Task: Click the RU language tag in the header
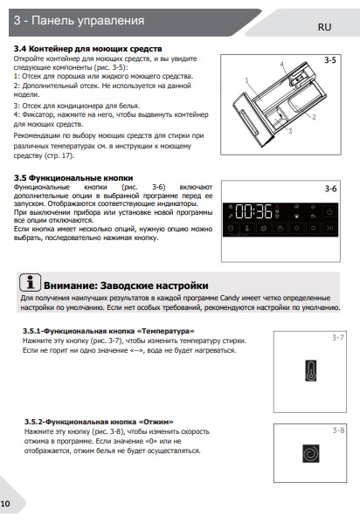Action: click(x=324, y=27)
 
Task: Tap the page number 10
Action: click(x=5, y=504)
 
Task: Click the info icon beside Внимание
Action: click(x=30, y=282)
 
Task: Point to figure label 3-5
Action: click(x=330, y=60)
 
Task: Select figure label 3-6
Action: click(x=330, y=189)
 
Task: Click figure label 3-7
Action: click(x=337, y=337)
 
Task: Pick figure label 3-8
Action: click(x=338, y=430)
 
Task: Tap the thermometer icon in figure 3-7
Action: click(x=311, y=371)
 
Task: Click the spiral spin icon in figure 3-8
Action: click(x=310, y=454)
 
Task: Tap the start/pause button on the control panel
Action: click(x=330, y=228)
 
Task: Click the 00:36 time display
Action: click(x=253, y=211)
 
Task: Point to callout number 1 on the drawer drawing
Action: click(x=247, y=80)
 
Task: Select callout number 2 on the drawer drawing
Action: click(x=314, y=117)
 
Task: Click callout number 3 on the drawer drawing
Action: click(x=290, y=131)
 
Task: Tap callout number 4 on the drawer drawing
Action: click(x=281, y=64)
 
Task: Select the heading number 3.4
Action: click(x=19, y=49)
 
